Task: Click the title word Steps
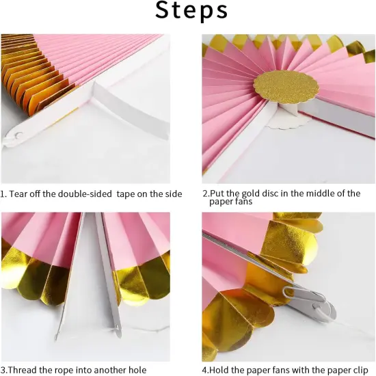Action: coord(191,12)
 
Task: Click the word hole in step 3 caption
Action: coord(137,370)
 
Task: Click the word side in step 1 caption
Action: coord(172,194)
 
